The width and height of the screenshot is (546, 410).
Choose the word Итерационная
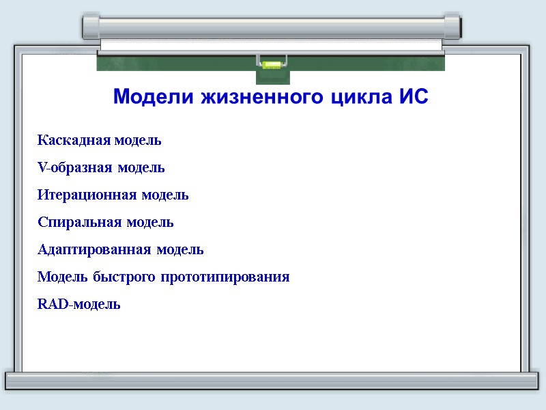tap(87, 195)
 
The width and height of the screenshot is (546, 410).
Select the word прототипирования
tap(226, 277)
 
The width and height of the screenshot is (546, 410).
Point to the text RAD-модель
tap(79, 305)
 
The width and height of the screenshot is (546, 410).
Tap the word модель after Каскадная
tap(138, 141)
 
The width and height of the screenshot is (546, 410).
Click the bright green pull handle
tap(271, 66)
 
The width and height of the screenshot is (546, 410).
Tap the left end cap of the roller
tap(91, 26)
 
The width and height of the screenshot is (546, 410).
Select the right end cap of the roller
tap(452, 26)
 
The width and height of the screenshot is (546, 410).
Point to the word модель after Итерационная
tap(165, 195)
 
